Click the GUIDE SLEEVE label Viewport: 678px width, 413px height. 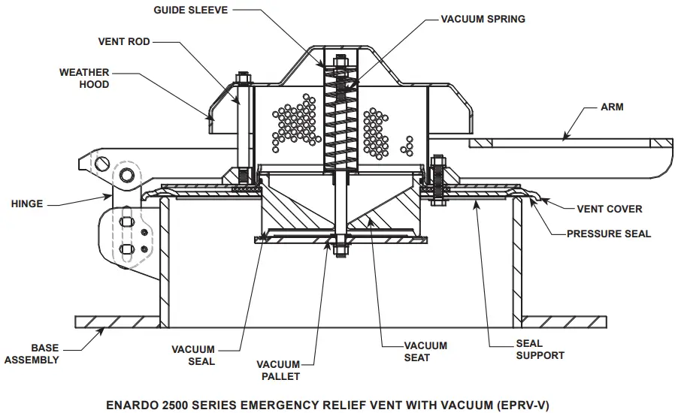[191, 10]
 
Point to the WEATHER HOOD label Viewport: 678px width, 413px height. [84, 79]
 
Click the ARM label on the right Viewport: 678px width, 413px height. [612, 107]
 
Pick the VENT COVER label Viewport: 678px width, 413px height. [609, 209]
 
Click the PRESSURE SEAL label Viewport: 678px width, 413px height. [609, 234]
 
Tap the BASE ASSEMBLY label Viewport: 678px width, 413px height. [32, 354]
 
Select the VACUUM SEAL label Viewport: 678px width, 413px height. [192, 355]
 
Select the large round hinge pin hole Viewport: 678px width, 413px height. [126, 175]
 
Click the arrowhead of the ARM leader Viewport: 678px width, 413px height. [566, 137]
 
